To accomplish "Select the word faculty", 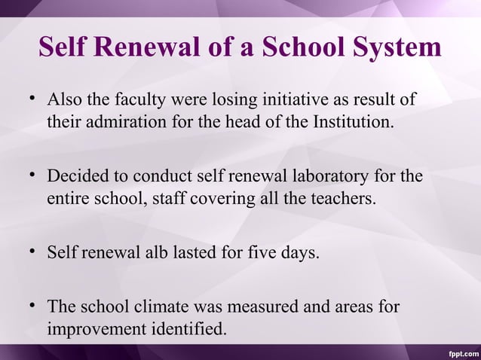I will coord(142,100).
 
